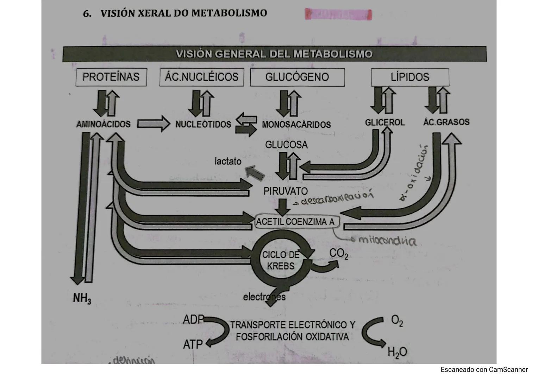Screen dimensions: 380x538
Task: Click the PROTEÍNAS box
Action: tap(111, 77)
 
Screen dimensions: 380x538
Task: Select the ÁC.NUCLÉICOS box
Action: tap(201, 77)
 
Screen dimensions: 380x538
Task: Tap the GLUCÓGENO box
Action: tap(297, 77)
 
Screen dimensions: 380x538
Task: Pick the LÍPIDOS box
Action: tap(410, 77)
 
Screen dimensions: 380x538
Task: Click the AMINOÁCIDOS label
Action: tap(103, 124)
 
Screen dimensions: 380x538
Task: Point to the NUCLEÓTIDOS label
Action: tap(203, 124)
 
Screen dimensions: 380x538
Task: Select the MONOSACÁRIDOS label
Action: tap(296, 125)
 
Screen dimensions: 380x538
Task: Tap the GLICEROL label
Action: tap(384, 122)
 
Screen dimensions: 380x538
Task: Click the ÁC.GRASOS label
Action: tap(446, 122)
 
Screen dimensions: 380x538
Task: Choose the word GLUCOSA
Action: tap(286, 145)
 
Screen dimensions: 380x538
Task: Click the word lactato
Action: tap(228, 161)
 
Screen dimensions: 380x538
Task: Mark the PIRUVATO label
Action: tap(286, 191)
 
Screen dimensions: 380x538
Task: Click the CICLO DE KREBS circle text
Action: tap(280, 260)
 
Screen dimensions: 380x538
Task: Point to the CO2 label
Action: tap(338, 254)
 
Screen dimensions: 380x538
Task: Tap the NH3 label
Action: tap(82, 298)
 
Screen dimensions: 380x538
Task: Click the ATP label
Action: tap(193, 344)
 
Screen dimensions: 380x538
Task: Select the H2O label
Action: tap(397, 352)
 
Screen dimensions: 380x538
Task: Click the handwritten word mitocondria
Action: tap(387, 241)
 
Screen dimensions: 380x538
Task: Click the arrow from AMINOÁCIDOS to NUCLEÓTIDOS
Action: tap(153, 124)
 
